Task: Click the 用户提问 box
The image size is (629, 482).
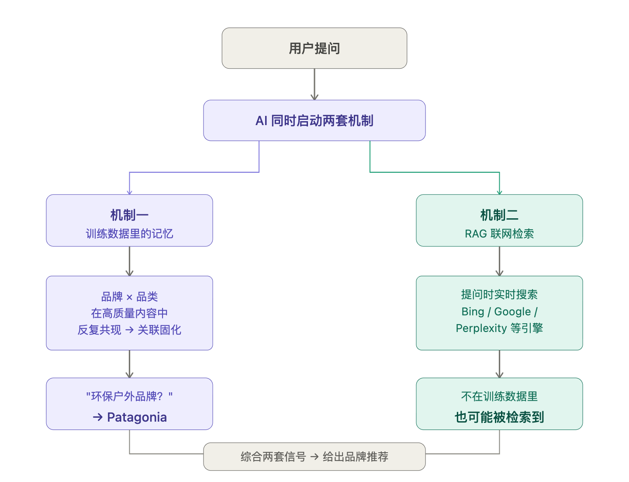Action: [x=314, y=48]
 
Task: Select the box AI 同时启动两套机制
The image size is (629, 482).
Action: [x=314, y=121]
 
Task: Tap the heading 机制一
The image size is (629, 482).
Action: [x=129, y=215]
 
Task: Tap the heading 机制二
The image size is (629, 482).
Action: [x=499, y=215]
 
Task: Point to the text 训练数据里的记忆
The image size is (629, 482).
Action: [x=129, y=234]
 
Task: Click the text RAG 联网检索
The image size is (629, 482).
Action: [x=499, y=234]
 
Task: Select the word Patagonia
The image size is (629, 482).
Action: [x=137, y=417]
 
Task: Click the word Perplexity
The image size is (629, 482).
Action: [x=481, y=328]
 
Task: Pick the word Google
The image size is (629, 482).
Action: [x=512, y=311]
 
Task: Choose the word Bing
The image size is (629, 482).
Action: [x=473, y=311]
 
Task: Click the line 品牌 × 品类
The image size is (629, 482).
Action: [x=129, y=297]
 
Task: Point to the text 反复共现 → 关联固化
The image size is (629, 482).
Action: [x=129, y=330]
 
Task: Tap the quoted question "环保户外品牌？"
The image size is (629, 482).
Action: [x=129, y=396]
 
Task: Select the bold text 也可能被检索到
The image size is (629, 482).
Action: [x=499, y=417]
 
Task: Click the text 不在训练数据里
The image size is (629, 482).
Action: [x=499, y=396]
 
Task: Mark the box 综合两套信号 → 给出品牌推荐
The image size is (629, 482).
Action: [x=314, y=457]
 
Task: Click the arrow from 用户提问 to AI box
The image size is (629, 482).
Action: [x=314, y=84]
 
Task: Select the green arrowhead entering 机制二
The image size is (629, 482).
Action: [x=499, y=192]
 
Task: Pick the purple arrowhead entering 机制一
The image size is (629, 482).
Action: [x=129, y=192]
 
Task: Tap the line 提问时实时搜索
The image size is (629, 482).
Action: [x=499, y=294]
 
